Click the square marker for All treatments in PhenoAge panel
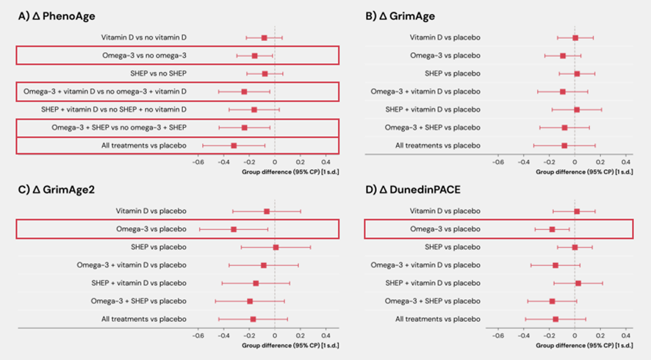234,145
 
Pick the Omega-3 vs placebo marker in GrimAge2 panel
234,229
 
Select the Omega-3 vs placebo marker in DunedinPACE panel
552,229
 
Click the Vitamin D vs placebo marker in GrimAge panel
575,37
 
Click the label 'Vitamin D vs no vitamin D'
143,37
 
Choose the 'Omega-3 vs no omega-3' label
144,55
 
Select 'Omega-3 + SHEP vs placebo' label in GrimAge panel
436,127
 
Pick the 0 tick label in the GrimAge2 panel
275,336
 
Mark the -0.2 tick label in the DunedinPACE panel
548,336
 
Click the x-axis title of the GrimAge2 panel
289,345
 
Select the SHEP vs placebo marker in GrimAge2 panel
276,247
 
